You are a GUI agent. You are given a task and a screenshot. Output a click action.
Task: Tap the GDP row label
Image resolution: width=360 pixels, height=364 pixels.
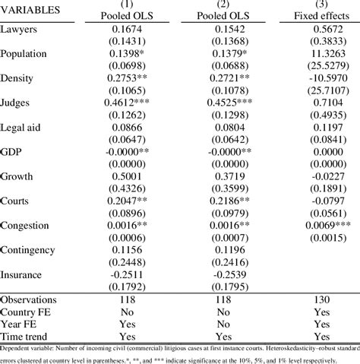pyautogui.click(x=12, y=151)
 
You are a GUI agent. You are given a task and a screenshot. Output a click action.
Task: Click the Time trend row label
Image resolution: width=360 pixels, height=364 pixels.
pyautogui.click(x=26, y=336)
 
